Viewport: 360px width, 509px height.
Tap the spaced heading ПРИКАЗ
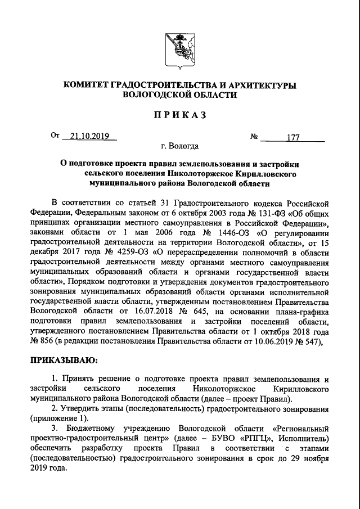click(x=179, y=115)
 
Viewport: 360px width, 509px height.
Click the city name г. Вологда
click(x=179, y=147)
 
